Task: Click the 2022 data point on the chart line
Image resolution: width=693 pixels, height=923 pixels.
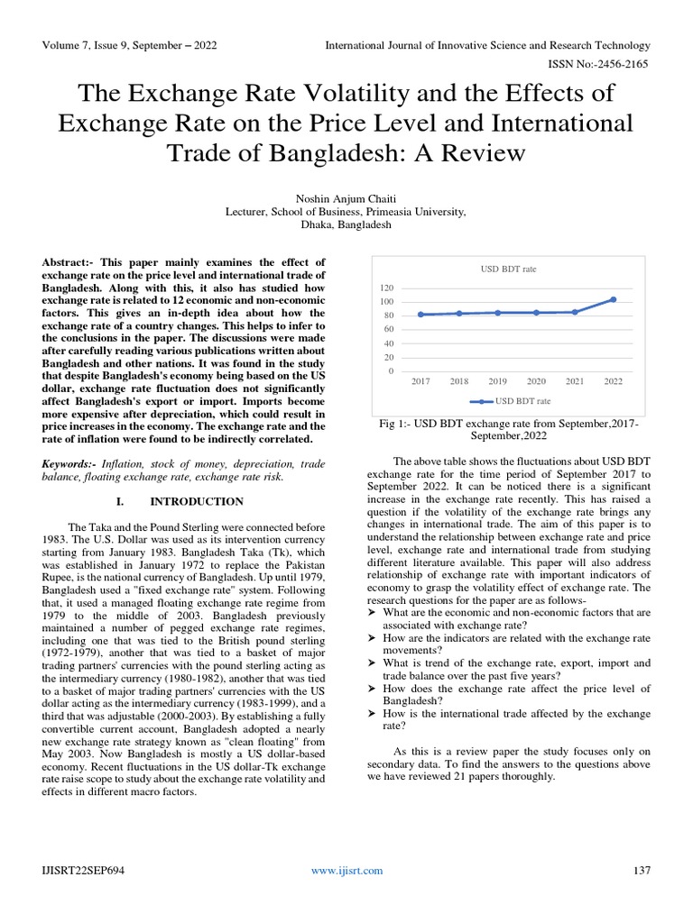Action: (614, 299)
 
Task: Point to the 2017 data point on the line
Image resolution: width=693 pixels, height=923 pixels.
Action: (421, 315)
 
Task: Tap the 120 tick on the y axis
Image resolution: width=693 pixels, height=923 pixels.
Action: (387, 288)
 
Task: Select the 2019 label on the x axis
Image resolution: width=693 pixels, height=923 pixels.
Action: (498, 381)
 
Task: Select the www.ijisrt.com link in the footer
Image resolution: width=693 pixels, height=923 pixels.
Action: (346, 870)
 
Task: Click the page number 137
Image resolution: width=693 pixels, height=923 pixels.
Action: (642, 870)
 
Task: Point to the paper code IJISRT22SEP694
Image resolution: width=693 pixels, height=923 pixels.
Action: (83, 870)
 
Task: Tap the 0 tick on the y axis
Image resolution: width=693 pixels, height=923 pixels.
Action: (392, 370)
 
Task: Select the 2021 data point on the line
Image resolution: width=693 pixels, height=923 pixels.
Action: (575, 312)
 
